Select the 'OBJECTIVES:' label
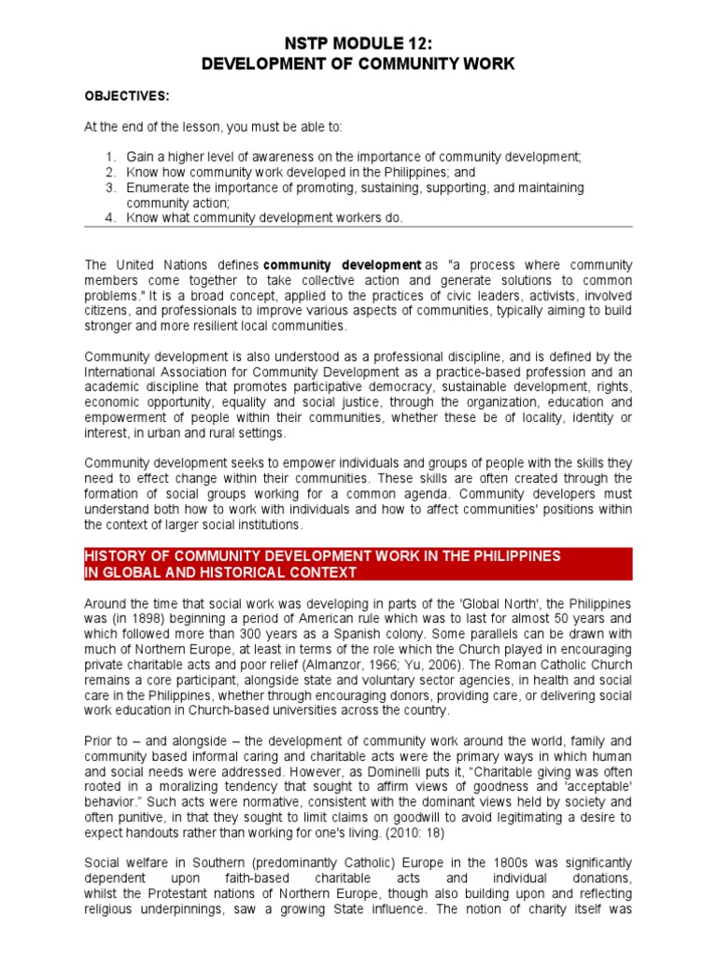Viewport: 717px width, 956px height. [x=121, y=96]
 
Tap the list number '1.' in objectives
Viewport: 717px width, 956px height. [x=110, y=158]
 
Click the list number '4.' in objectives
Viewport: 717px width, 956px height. [x=110, y=218]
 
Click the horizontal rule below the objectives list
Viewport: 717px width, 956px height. [x=358, y=228]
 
